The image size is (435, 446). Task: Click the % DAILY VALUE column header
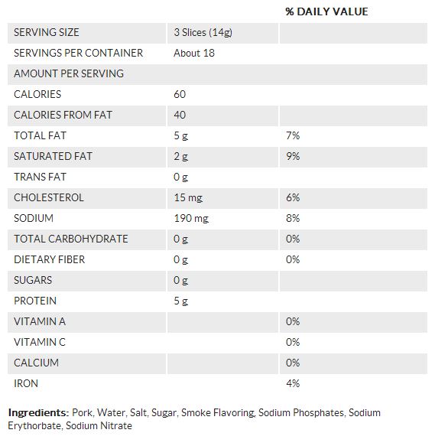click(326, 11)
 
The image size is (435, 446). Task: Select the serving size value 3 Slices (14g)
click(203, 32)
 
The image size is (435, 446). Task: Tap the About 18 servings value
click(194, 54)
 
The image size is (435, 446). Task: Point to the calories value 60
click(180, 94)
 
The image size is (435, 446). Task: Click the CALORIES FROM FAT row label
click(63, 115)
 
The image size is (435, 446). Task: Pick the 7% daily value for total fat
click(293, 135)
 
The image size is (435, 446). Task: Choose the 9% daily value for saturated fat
click(293, 156)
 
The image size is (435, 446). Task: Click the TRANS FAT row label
click(40, 177)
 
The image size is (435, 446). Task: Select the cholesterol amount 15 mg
click(188, 197)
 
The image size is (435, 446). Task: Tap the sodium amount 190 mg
click(191, 219)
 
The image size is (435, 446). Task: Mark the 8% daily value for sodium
click(293, 219)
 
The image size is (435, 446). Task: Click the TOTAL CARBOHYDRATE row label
click(71, 239)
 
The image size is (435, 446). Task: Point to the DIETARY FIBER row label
click(50, 259)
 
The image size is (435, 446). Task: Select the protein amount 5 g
click(181, 301)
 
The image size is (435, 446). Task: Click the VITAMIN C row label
click(40, 342)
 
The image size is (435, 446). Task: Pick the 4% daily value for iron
click(293, 383)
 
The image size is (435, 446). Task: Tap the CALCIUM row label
click(37, 363)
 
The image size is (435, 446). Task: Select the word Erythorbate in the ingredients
click(34, 426)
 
